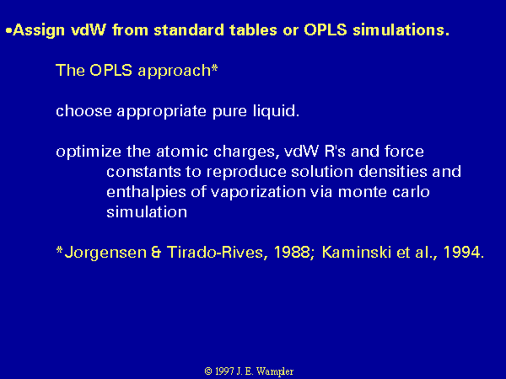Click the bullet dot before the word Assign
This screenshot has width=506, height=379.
pos(8,30)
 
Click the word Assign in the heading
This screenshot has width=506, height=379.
pos(39,30)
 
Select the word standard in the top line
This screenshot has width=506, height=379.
pos(189,30)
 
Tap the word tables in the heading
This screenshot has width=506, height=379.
pos(253,30)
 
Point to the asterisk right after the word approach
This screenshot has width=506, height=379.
pos(214,69)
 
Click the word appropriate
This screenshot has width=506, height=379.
pos(161,112)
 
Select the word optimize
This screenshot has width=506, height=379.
pos(89,152)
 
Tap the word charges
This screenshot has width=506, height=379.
pos(246,152)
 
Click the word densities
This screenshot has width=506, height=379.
pos(393,172)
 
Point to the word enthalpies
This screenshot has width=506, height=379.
pos(146,193)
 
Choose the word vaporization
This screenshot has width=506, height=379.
pos(258,193)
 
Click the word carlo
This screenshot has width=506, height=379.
pos(411,192)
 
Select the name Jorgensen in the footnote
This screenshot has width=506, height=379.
pos(106,253)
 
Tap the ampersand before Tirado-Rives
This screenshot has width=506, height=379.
pos(156,253)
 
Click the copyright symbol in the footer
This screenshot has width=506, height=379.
pos(208,371)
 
